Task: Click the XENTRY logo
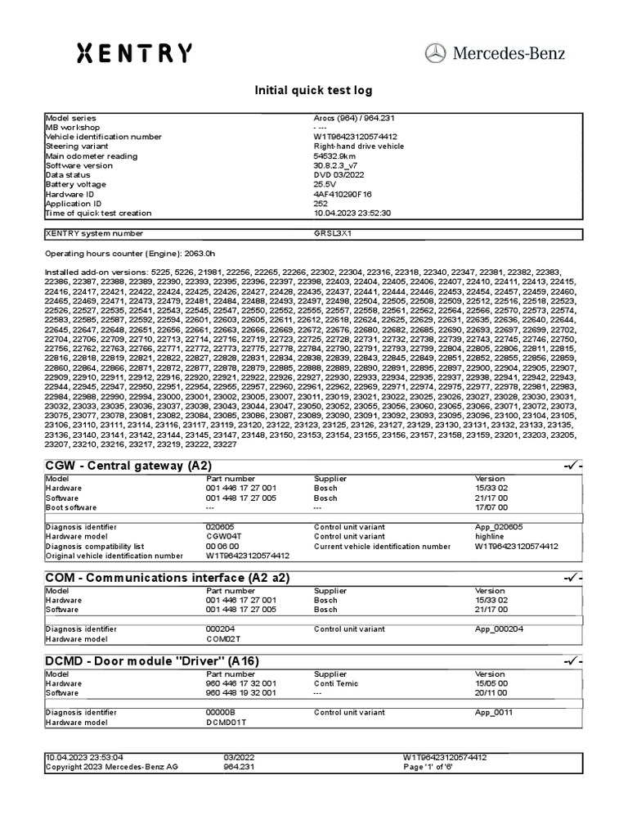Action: (134, 53)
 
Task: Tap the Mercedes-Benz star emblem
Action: (436, 53)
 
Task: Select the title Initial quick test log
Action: (314, 90)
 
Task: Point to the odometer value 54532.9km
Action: (334, 155)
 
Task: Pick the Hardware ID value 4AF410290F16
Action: (343, 194)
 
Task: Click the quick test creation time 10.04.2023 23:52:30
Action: (352, 213)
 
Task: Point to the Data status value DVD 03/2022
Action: (339, 175)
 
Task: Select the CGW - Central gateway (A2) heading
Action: (128, 466)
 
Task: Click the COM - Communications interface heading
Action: (167, 578)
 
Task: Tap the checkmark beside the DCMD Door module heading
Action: (572, 660)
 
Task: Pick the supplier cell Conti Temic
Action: (336, 683)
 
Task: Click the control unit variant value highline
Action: (490, 537)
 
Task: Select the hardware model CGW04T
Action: (226, 537)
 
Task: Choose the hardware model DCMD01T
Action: (227, 722)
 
